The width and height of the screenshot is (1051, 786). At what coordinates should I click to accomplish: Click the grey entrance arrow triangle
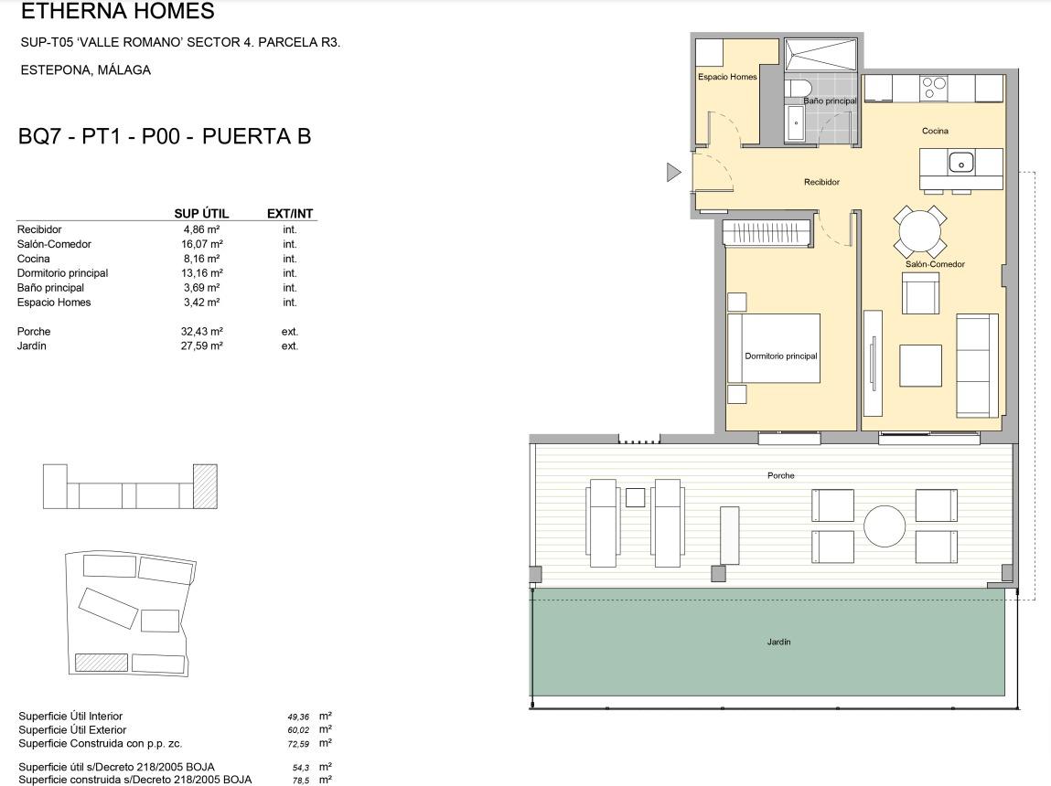coord(673,173)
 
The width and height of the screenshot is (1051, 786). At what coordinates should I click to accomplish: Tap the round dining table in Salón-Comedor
coord(920,231)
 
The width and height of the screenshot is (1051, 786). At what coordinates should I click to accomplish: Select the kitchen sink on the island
coord(960,162)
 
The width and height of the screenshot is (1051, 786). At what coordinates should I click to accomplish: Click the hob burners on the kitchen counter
coord(934,88)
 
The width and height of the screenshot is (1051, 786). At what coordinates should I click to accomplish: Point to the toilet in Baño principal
coord(798,89)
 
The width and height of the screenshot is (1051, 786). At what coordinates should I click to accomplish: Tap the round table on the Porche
coord(885,526)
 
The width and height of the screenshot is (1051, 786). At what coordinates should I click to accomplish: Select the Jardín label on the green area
coord(778,642)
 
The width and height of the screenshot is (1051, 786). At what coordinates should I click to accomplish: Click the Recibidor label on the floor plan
coord(821,182)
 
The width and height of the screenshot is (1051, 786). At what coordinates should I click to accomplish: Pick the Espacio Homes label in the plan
coord(727,77)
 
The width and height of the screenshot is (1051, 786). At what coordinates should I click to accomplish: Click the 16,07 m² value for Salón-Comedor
coord(202,244)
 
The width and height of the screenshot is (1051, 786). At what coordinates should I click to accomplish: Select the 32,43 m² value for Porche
coord(202,332)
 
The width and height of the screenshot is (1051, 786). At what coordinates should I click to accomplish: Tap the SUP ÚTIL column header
coord(201,214)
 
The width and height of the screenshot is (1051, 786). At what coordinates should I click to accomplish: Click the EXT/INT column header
coord(290,214)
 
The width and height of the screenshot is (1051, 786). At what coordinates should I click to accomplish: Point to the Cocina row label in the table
coord(34,259)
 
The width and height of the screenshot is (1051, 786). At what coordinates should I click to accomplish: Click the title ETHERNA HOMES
coord(118,11)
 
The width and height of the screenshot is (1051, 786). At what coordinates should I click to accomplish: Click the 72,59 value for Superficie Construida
coord(298,744)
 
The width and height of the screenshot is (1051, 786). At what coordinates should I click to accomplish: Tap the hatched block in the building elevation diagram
coord(205,486)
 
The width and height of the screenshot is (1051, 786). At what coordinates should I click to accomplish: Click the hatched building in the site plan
coord(102,662)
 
